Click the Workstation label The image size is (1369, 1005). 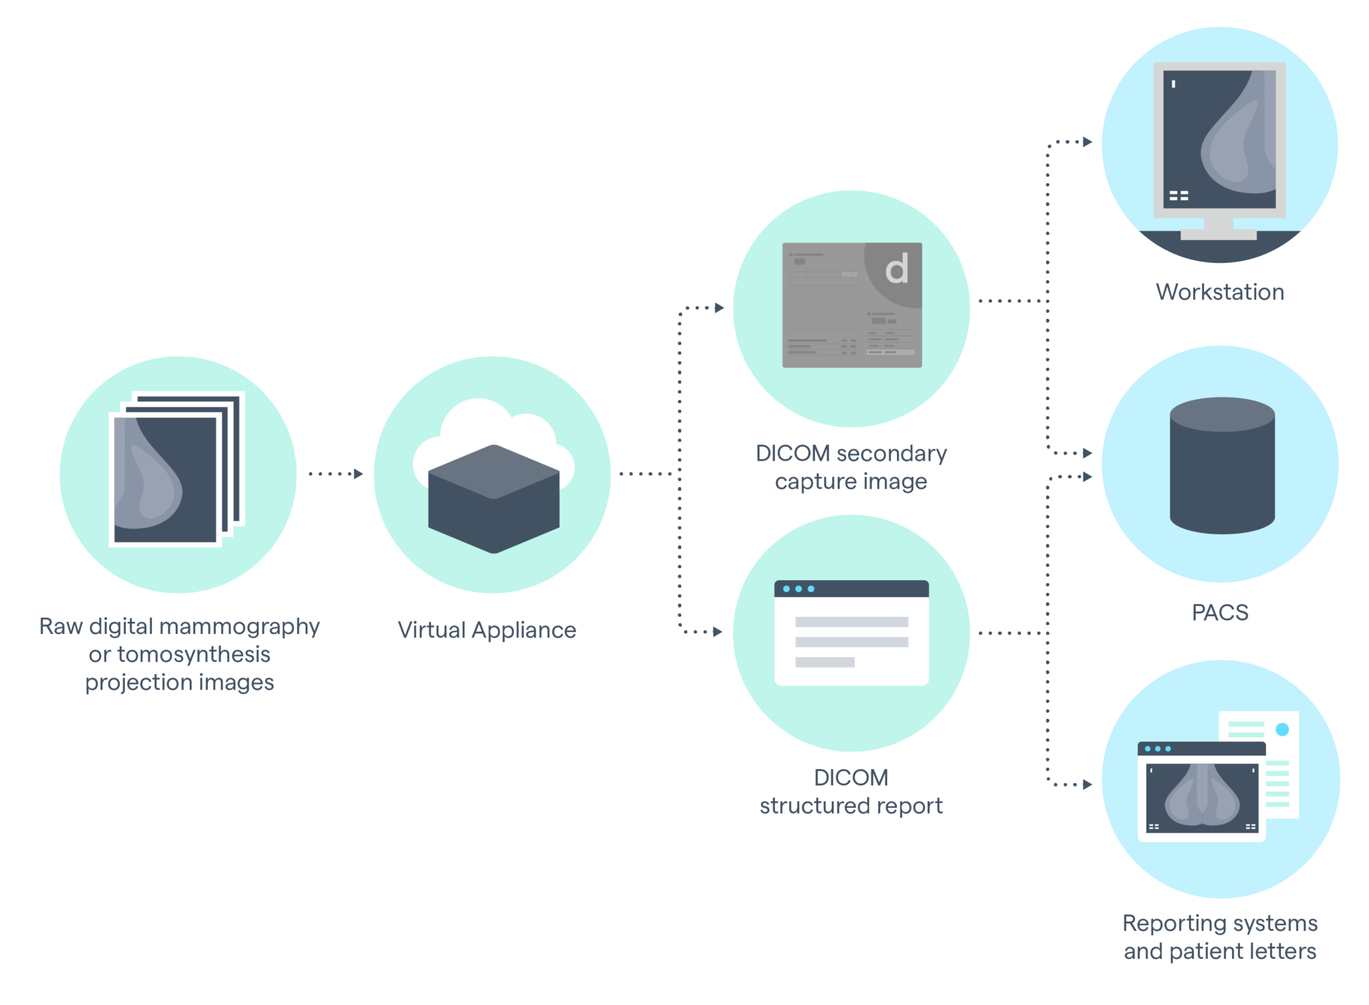[1219, 292]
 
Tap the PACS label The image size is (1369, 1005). [1219, 612]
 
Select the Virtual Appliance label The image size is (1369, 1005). [487, 630]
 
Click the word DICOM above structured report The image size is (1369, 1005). [851, 778]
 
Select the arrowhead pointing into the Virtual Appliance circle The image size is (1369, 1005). [358, 474]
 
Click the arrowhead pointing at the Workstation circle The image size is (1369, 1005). [1088, 142]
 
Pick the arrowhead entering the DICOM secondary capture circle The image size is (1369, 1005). [719, 308]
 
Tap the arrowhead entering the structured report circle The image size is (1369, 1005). [718, 632]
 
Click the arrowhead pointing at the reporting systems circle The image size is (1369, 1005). [1088, 784]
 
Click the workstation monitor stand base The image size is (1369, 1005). [1218, 235]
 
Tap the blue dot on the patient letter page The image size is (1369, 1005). [1282, 730]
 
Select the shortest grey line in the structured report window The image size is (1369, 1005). [824, 662]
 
